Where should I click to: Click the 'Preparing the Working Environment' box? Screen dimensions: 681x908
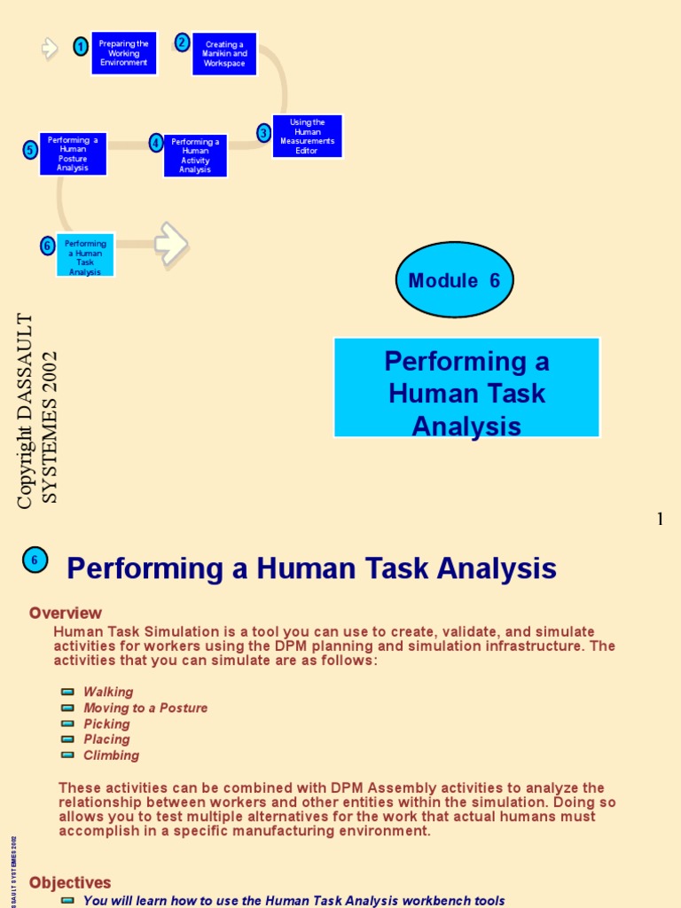click(123, 53)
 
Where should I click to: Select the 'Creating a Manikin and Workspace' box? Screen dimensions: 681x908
click(224, 54)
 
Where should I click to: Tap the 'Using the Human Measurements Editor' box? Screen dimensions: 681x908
click(307, 137)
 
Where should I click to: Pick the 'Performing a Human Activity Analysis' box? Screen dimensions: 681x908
click(195, 155)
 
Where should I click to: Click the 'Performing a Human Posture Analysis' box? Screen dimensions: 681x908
click(73, 154)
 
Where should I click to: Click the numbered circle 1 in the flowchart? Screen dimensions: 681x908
click(81, 47)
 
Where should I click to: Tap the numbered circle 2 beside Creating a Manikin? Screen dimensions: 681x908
click(183, 43)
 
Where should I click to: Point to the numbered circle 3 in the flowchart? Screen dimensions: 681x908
click(263, 133)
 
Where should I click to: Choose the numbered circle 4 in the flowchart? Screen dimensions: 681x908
click(156, 143)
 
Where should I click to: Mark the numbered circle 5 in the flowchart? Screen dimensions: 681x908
click(30, 150)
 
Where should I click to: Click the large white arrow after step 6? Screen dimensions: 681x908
click(171, 243)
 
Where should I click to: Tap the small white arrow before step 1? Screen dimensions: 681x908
click(50, 48)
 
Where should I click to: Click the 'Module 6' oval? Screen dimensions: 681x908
click(454, 280)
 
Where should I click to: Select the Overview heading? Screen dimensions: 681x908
click(66, 613)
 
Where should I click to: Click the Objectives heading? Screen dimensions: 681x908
click(70, 882)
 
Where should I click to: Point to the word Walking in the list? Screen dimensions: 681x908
click(108, 692)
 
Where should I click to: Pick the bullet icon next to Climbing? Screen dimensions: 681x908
click(68, 755)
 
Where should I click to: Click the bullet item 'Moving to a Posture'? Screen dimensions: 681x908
click(145, 708)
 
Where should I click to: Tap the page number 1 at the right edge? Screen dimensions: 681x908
click(660, 520)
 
